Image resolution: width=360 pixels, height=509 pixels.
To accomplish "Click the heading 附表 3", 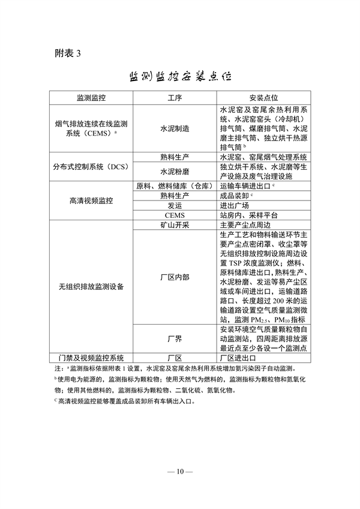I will pyautogui.click(x=67, y=53).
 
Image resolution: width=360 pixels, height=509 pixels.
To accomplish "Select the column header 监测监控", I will pyautogui.click(x=91, y=97).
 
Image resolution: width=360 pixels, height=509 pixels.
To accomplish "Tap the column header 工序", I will pyautogui.click(x=175, y=97).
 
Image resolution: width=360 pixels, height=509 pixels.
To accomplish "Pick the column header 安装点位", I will pyautogui.click(x=263, y=97).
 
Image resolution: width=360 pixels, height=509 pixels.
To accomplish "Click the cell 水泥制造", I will pyautogui.click(x=175, y=128).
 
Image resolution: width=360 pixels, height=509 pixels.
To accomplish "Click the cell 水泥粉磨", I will pyautogui.click(x=175, y=172).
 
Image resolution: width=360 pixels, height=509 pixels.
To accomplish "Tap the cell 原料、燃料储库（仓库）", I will pyautogui.click(x=175, y=186).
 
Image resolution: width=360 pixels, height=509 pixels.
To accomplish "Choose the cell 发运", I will pyautogui.click(x=175, y=205).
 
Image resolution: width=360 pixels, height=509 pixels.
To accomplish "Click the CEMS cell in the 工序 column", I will pyautogui.click(x=175, y=215).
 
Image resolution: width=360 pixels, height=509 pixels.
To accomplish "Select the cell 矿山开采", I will pyautogui.click(x=175, y=225).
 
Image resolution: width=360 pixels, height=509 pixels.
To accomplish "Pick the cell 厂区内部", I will pyautogui.click(x=175, y=277).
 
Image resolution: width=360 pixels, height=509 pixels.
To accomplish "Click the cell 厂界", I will pyautogui.click(x=175, y=339).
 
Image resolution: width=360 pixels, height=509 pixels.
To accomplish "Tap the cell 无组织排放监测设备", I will pyautogui.click(x=91, y=287).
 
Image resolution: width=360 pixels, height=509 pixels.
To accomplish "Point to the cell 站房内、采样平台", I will pyautogui.click(x=249, y=215).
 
